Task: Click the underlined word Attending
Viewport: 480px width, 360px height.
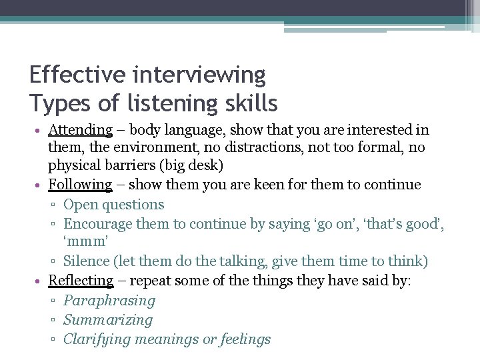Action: (x=80, y=130)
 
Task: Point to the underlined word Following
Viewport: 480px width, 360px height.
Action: (x=80, y=185)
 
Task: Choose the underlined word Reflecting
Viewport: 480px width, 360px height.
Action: (x=81, y=281)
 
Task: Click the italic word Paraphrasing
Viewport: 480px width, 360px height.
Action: (x=109, y=301)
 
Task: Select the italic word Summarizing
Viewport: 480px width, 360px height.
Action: (x=108, y=320)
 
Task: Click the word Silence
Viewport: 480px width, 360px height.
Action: (x=87, y=261)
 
